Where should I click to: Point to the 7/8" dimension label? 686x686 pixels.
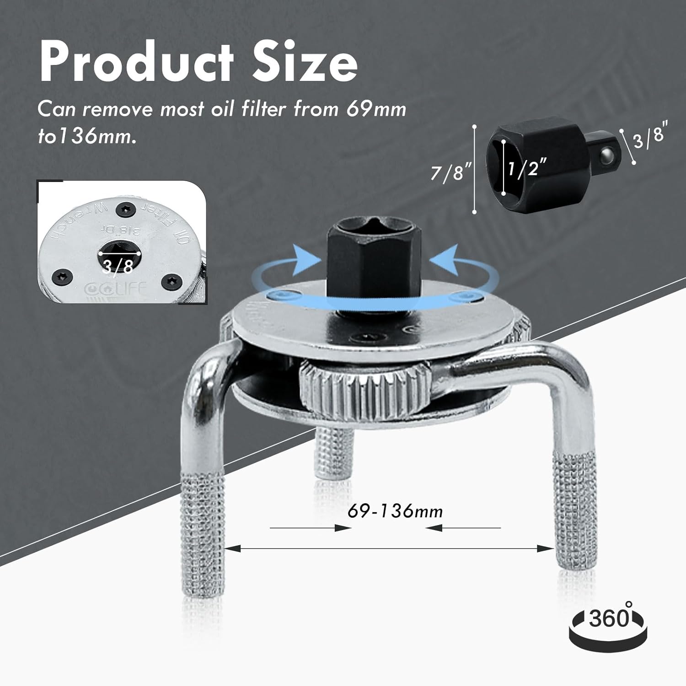(450, 173)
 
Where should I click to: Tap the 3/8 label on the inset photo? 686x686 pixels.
(118, 266)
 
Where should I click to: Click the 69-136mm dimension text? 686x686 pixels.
(395, 511)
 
